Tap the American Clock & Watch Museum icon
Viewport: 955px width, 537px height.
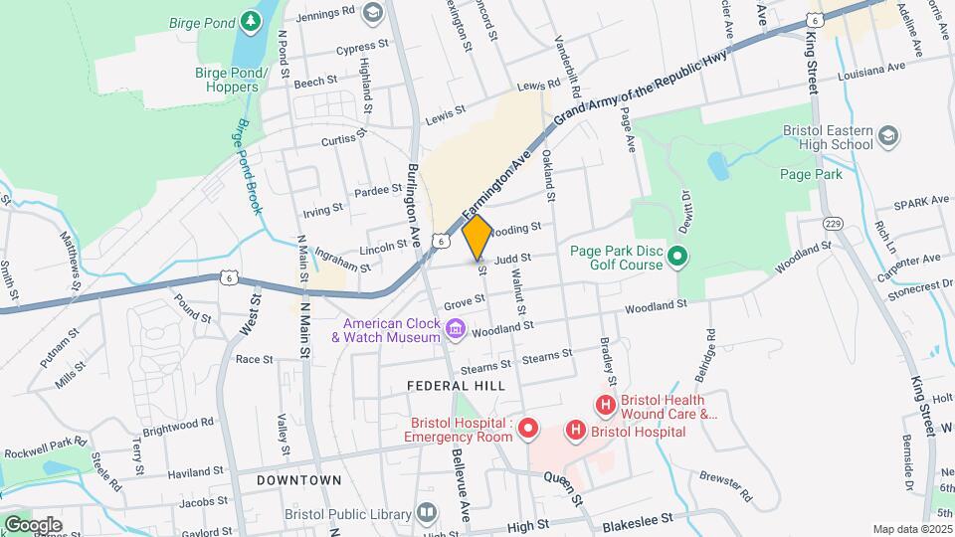456,328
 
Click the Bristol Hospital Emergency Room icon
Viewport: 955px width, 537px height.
528,429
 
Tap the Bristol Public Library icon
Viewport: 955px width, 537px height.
427,513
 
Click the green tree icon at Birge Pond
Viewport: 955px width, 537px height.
255,20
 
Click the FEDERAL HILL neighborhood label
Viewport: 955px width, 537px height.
456,385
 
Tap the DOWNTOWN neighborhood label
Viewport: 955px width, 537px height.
298,480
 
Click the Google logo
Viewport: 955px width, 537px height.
32,524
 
